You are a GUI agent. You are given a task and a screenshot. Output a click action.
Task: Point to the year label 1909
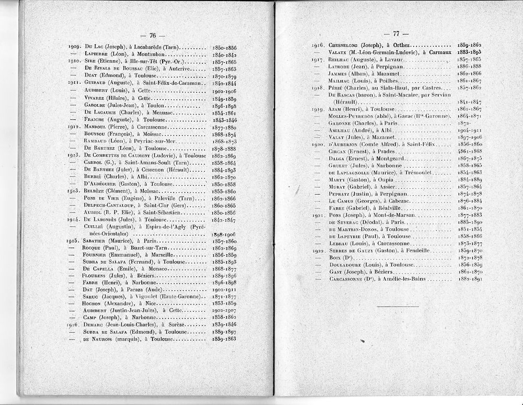point(73,47)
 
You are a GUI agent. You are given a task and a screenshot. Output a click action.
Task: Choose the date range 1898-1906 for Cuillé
point(225,234)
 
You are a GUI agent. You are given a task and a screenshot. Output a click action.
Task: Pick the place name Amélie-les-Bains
point(410,279)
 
